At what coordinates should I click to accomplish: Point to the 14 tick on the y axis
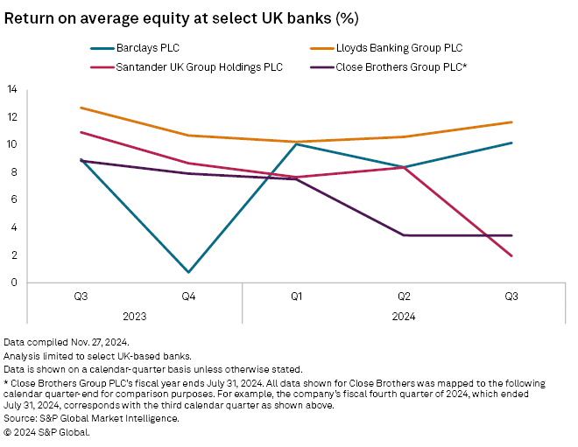(x=12, y=88)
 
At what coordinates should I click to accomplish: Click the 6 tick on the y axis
(x=12, y=199)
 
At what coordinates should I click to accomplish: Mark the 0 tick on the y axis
(x=12, y=283)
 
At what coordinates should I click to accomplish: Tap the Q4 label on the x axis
(x=188, y=297)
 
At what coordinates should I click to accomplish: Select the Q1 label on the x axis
(x=296, y=297)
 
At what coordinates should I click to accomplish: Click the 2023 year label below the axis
(x=134, y=317)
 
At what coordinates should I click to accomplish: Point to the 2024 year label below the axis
(x=404, y=317)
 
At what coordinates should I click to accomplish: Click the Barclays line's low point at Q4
(x=188, y=272)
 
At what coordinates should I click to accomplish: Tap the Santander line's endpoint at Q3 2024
(x=511, y=256)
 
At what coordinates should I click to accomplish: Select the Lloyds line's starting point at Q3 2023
(x=81, y=108)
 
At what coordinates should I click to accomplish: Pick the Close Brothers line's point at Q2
(x=404, y=235)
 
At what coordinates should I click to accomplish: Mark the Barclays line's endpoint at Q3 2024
(x=511, y=143)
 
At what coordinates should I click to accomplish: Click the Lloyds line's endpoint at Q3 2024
(x=511, y=122)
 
